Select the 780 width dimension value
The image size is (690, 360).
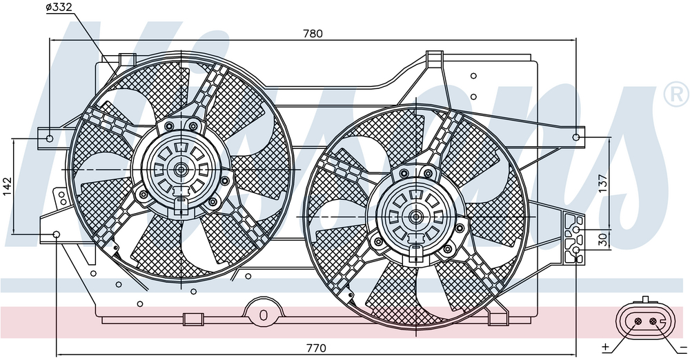click(x=313, y=33)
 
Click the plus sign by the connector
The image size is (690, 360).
click(x=605, y=346)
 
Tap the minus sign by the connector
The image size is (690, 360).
click(x=683, y=346)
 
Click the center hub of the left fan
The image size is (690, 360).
click(x=181, y=168)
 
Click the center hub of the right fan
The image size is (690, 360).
click(x=416, y=217)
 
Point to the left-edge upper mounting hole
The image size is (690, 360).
click(x=50, y=138)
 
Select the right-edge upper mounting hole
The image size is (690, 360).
click(x=577, y=138)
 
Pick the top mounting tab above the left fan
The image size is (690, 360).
click(x=126, y=60)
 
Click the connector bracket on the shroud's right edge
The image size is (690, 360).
click(x=573, y=238)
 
